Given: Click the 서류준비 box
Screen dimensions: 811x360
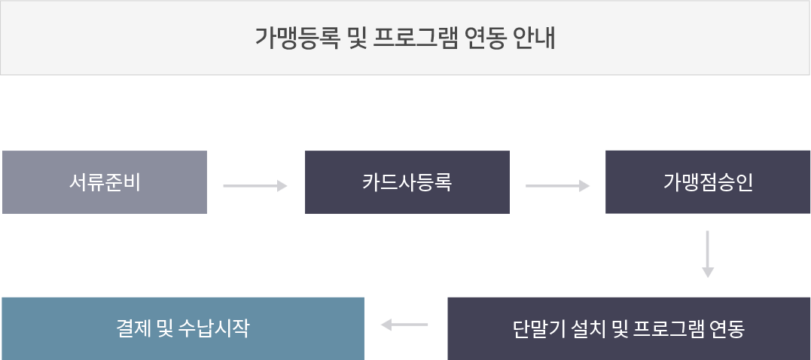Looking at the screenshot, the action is tap(105, 182).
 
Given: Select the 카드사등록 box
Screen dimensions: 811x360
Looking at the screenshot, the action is tap(407, 182).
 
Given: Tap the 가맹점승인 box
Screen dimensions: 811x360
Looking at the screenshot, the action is tap(708, 182).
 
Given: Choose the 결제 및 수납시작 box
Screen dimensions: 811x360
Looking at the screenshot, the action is tap(183, 328).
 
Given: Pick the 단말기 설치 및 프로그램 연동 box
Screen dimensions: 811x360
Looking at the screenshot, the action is tap(629, 328).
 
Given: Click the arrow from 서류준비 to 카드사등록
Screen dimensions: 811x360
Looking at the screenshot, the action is tap(255, 186).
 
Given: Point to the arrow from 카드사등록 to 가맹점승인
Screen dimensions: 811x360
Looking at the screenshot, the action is tap(557, 186).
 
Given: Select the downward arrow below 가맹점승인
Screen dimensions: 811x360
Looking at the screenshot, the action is tap(708, 254).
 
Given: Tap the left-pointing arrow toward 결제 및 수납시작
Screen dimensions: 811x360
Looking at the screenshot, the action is tap(404, 325).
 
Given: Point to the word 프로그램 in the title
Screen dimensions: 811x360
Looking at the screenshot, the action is tap(415, 38).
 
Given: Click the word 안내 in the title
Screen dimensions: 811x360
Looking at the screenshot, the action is tap(535, 38).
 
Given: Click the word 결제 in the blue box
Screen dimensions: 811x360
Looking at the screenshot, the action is tap(133, 328).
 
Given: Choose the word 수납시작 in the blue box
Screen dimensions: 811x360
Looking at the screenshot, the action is tap(214, 328).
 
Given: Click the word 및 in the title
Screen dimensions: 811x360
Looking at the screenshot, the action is tap(356, 38).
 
